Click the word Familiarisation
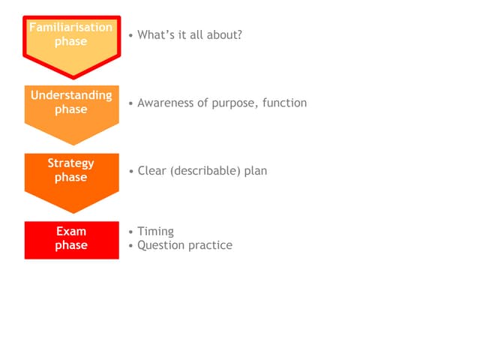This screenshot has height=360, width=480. click(x=71, y=27)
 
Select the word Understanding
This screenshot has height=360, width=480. click(x=71, y=96)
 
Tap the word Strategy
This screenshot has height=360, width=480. click(x=70, y=163)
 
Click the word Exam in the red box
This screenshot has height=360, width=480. click(x=71, y=231)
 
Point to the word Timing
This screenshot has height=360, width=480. click(x=155, y=232)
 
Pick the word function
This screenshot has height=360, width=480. click(x=285, y=103)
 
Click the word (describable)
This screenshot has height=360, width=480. click(x=205, y=171)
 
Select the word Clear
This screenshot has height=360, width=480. click(x=151, y=171)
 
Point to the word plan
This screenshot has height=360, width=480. click(x=256, y=171)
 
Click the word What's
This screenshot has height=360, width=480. click(x=156, y=35)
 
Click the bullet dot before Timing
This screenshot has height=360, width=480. click(x=131, y=232)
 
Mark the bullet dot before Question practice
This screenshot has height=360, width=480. click(x=131, y=246)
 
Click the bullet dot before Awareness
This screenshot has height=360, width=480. click(x=131, y=103)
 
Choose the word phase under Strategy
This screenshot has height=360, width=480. click(x=71, y=178)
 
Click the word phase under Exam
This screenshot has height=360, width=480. click(x=71, y=245)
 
